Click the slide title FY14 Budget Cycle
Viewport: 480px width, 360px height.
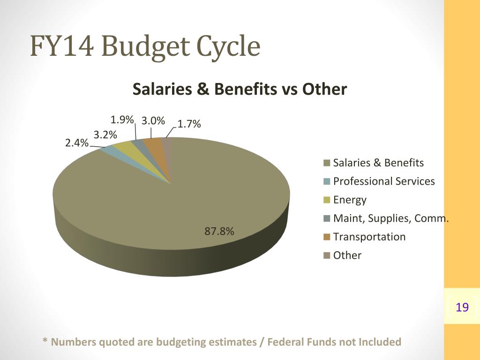tap(145, 46)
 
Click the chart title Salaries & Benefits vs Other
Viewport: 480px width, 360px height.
tap(240, 89)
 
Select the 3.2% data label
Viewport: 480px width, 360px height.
tap(105, 135)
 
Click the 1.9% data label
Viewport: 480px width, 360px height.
tap(122, 119)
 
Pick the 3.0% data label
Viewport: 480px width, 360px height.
tap(153, 121)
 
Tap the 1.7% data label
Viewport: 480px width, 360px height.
tap(189, 124)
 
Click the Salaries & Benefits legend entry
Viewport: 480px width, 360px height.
tap(378, 163)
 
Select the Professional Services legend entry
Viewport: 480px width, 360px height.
tap(384, 181)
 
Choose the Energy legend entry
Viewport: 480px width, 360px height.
tap(350, 200)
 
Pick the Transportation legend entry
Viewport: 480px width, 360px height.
tap(369, 237)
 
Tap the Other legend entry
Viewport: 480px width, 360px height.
tap(347, 255)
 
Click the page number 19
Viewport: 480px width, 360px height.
tap(462, 307)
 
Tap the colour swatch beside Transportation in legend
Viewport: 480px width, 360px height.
tap(327, 237)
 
